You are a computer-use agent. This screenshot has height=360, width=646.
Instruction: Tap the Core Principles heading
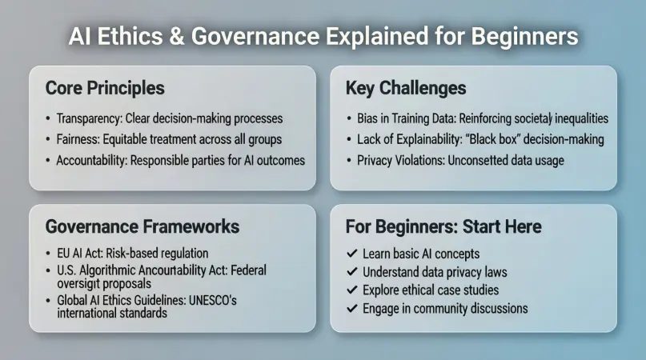[x=105, y=87]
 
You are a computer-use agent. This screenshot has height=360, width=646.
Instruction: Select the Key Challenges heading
[x=405, y=87]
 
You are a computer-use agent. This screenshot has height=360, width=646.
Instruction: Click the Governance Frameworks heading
[x=142, y=226]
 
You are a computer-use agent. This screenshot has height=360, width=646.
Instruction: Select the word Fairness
[x=78, y=139]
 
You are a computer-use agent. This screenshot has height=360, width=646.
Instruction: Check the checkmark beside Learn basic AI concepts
[x=351, y=254]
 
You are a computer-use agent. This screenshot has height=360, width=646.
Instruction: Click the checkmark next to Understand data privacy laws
[x=351, y=272]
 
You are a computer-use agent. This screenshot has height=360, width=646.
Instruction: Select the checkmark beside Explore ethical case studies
[x=351, y=290]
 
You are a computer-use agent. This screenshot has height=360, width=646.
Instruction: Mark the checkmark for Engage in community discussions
[x=351, y=308]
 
